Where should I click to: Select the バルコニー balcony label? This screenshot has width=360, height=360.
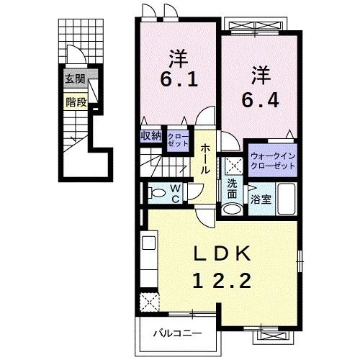176,333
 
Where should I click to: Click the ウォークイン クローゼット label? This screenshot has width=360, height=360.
273,161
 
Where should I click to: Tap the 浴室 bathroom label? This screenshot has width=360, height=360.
261,199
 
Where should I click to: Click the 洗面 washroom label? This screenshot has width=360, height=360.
232,189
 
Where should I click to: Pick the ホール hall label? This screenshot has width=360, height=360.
205,158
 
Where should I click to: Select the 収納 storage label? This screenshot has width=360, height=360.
151,135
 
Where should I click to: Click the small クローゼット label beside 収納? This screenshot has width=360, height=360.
176,140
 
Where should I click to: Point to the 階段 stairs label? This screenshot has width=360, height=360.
76,102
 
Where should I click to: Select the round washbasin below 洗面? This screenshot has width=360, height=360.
231,210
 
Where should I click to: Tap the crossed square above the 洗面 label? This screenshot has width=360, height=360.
232,164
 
